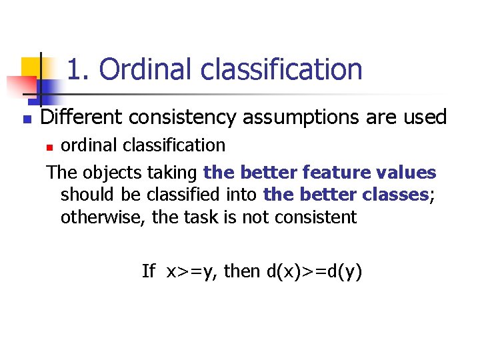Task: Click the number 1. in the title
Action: coord(80,69)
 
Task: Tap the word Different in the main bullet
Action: coord(81,118)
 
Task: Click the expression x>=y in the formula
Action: coord(193,271)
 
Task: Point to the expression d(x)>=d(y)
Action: coord(315,271)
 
